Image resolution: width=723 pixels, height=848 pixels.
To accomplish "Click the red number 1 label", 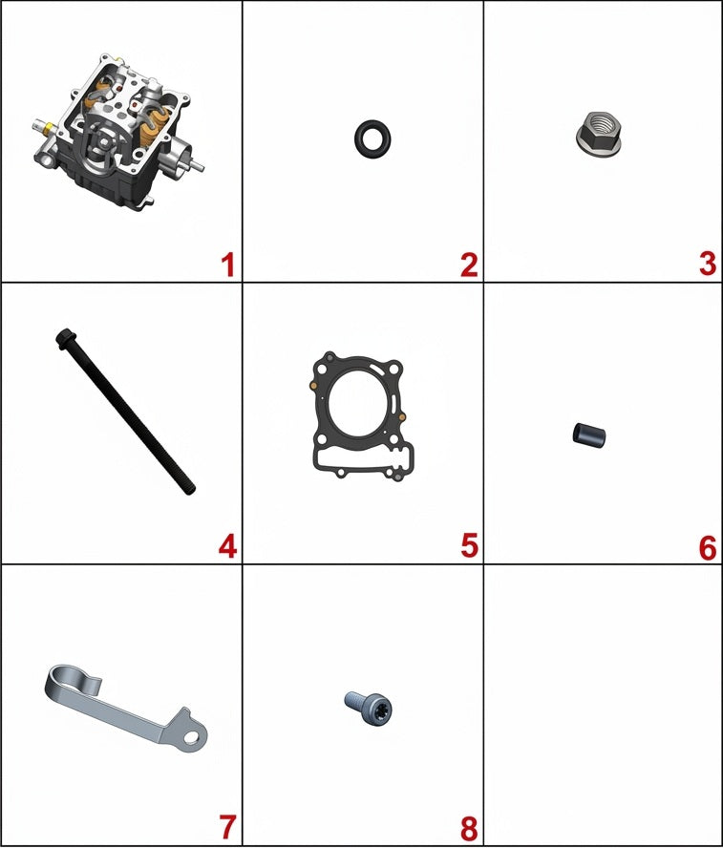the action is click(227, 265).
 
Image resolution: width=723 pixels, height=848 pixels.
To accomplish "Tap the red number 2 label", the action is click(469, 265).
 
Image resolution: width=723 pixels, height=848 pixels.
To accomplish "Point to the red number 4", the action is click(227, 546).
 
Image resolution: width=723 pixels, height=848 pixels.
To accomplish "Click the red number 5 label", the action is click(469, 546).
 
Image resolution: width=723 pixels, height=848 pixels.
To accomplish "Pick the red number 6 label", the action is click(708, 547).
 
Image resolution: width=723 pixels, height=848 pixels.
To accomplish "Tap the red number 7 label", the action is click(227, 827).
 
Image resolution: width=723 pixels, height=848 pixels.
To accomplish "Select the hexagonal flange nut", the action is click(599, 134).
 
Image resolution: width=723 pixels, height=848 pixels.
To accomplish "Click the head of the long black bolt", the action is click(64, 337).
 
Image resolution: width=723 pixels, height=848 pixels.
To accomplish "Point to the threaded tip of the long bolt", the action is click(189, 488).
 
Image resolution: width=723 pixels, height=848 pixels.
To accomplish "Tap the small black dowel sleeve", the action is click(589, 435).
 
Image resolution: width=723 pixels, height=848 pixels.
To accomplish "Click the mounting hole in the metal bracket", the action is click(191, 737).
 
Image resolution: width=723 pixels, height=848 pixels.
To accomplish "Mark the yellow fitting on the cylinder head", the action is click(50, 128).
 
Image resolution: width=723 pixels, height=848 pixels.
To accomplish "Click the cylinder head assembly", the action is click(117, 133).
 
